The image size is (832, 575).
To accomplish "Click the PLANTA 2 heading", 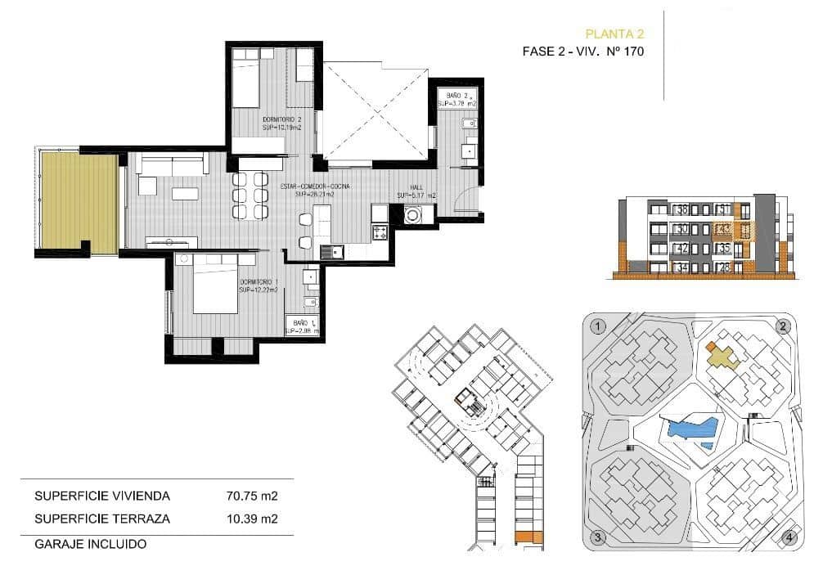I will tap(614, 34).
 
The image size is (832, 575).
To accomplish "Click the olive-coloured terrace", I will tap(80, 202).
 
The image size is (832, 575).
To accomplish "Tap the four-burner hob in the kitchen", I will tap(380, 232).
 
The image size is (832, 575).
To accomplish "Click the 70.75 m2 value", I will tap(251, 496).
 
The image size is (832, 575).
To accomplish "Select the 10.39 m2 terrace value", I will tap(251, 519).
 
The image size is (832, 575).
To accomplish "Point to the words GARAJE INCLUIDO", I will tap(90, 543).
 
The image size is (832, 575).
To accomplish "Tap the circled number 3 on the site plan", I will tap(598, 537).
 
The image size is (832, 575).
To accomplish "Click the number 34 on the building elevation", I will tap(681, 267).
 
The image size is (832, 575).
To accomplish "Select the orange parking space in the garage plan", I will tap(522, 537).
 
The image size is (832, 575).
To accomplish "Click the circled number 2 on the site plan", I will tap(783, 326).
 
